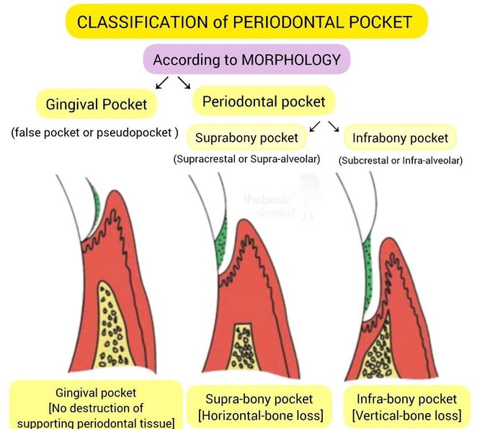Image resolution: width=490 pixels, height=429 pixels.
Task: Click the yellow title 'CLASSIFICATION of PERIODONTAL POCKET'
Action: click(x=244, y=22)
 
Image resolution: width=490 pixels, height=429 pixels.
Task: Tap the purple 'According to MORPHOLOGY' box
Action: click(x=246, y=60)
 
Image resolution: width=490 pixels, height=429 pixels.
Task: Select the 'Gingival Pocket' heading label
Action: click(x=96, y=104)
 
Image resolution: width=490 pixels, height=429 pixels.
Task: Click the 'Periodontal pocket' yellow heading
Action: click(x=263, y=101)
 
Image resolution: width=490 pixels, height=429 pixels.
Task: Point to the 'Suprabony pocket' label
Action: click(x=246, y=137)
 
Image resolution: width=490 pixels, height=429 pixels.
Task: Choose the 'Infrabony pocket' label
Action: click(x=400, y=137)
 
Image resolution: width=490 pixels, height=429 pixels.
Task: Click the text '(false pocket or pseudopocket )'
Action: click(x=94, y=133)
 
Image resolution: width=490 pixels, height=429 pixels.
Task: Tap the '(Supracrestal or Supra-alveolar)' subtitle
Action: click(x=246, y=159)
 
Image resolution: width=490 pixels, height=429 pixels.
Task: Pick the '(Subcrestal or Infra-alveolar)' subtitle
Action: click(x=400, y=161)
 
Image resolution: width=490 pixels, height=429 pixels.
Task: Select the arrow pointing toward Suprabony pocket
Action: click(x=314, y=127)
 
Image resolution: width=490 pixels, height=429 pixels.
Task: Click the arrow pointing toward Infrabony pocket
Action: click(x=334, y=127)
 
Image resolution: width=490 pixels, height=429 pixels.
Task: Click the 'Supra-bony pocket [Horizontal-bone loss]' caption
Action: click(x=259, y=407)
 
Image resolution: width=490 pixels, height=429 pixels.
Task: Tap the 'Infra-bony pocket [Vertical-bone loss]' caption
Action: click(x=406, y=407)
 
